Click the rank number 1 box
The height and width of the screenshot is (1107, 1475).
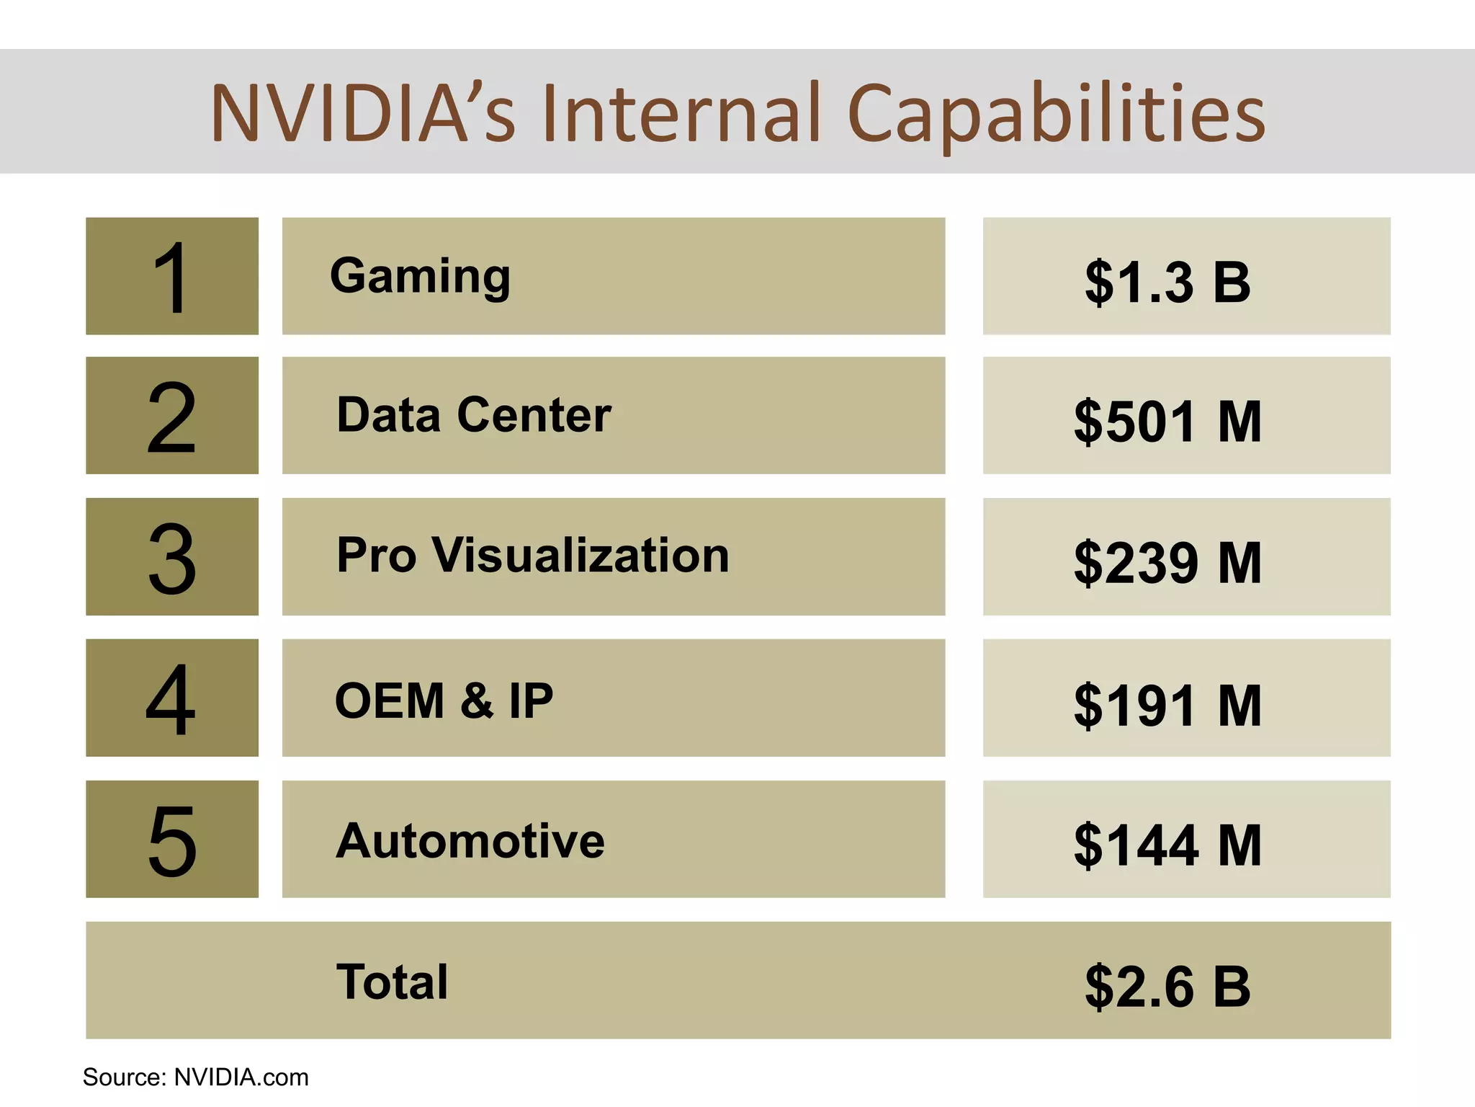(171, 277)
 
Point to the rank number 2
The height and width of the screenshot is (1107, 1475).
(171, 417)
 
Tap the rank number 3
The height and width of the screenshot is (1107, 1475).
(171, 558)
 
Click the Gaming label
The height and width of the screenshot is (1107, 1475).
(420, 277)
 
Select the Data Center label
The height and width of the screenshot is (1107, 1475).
(474, 415)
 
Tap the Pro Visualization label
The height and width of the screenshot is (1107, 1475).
(533, 556)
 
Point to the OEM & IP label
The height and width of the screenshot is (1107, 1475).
(444, 701)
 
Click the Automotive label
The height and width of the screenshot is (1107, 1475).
(470, 841)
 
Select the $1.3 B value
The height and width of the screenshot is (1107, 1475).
(1167, 282)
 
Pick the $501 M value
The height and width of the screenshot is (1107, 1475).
(1167, 422)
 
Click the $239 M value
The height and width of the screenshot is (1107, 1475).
(1167, 563)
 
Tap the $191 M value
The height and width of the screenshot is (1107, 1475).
(1167, 706)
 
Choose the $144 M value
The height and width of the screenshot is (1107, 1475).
(1167, 845)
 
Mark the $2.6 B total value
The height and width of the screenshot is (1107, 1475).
(1167, 987)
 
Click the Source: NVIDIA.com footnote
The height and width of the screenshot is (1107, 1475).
(196, 1077)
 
